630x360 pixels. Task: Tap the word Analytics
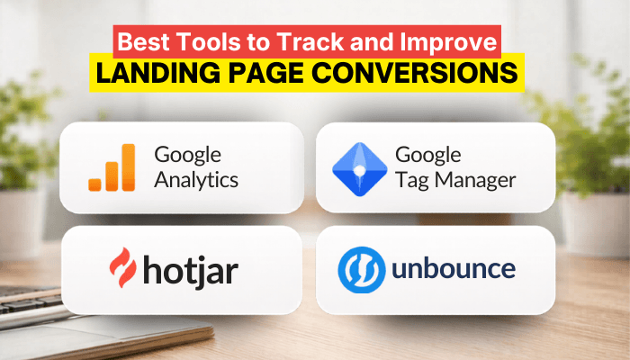(196, 180)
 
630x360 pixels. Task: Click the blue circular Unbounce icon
(361, 268)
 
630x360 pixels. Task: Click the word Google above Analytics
(187, 154)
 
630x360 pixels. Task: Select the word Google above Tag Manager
(429, 154)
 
